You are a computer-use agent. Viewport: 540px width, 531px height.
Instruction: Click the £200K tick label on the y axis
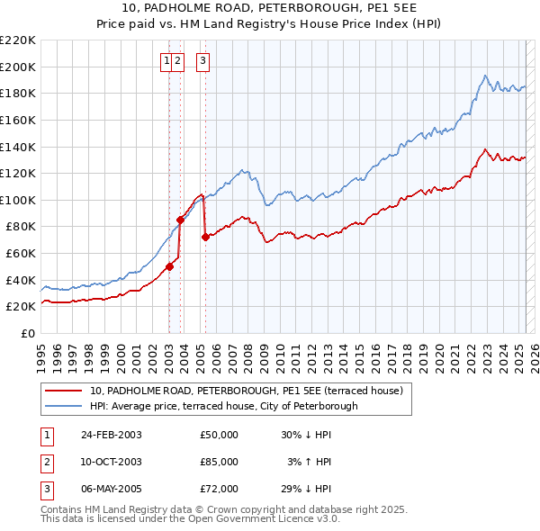coord(18,67)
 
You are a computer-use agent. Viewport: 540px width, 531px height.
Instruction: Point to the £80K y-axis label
coord(21,227)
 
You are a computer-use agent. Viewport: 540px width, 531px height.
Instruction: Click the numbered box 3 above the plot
coord(202,61)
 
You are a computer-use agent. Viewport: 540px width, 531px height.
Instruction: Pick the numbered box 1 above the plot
coord(167,61)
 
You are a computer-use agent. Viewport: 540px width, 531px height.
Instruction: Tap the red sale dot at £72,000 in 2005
coord(205,238)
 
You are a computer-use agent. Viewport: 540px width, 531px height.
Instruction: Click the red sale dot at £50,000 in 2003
coord(170,266)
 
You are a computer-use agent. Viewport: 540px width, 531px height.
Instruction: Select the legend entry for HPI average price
coord(223,406)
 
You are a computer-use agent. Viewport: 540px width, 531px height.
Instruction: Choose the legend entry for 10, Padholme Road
coord(250,391)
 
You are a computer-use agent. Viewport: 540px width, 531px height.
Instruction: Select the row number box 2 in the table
coord(44,462)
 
